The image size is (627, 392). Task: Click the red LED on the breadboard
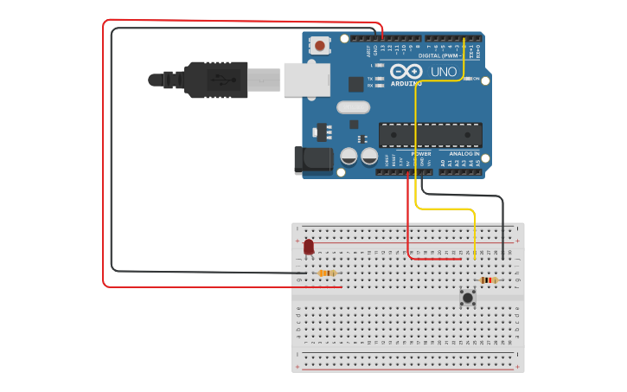pos(309,248)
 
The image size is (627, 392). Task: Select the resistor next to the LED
pos(327,273)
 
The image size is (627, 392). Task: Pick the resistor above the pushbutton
pos(489,280)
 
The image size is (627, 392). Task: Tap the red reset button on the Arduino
pos(320,46)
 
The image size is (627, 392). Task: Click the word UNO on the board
pos(443,72)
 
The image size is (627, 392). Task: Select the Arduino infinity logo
pos(406,71)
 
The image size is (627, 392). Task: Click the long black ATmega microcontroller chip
pos(430,135)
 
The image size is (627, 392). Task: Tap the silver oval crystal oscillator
pos(353,107)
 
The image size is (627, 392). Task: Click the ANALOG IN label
pos(462,154)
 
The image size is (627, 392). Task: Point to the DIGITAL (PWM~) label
pos(438,55)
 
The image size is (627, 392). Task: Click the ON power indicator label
pos(475,79)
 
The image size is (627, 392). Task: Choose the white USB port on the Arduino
pos(307,80)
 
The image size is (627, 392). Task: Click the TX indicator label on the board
pos(370,79)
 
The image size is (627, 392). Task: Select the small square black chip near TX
pos(355,84)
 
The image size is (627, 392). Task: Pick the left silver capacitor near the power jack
pos(349,157)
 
